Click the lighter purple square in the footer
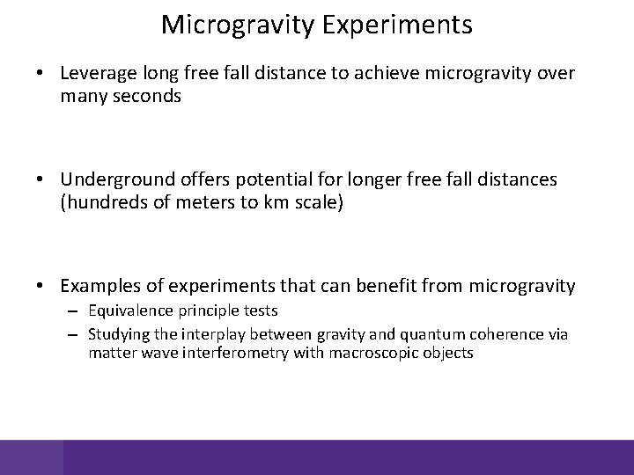coord(32,457)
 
